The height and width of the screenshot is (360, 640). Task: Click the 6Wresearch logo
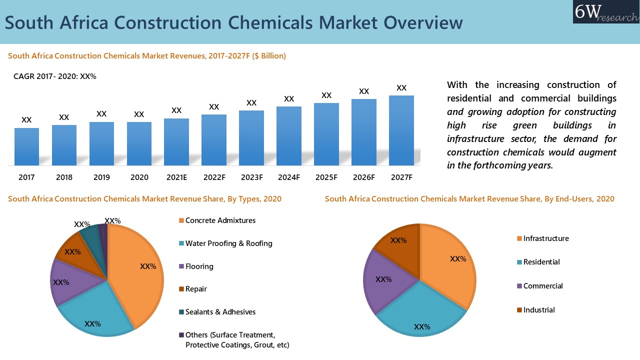605,12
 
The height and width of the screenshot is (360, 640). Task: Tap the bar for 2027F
401,130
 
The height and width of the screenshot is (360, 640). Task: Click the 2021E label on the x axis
176,177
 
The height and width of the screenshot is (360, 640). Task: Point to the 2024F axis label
289,177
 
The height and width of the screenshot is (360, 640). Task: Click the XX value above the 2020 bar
139,114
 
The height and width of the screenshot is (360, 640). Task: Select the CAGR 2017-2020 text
54,76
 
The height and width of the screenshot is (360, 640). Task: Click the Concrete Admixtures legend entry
220,220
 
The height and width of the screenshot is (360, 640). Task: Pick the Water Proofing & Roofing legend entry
228,243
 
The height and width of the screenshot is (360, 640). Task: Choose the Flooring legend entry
199,266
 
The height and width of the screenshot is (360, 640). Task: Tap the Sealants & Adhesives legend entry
220,312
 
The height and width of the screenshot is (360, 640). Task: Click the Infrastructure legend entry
545,238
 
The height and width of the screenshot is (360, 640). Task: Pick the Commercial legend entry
542,286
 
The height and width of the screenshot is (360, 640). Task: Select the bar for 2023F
251,138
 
